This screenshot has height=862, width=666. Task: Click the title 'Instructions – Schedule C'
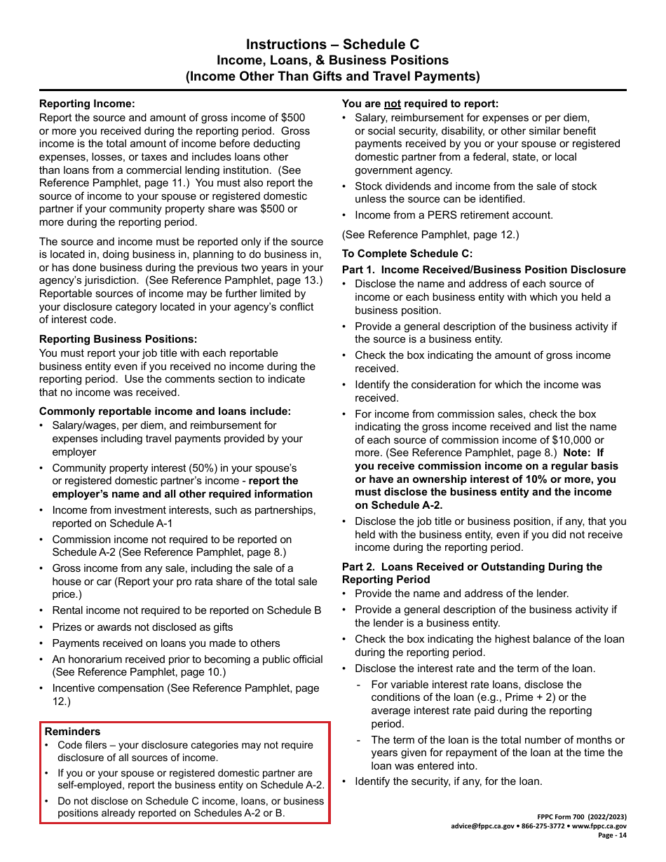[x=332, y=44]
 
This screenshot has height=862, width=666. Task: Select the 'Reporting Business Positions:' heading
[x=118, y=340]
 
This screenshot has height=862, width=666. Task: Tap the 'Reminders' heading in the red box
[x=72, y=732]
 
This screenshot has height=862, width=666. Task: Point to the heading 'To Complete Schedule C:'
[x=407, y=254]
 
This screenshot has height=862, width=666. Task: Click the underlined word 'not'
[x=393, y=104]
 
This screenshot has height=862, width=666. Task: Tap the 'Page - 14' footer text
[x=612, y=835]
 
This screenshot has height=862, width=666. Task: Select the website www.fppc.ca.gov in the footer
[x=599, y=826]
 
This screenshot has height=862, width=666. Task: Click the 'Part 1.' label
[x=358, y=271]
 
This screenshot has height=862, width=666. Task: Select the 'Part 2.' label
[x=358, y=567]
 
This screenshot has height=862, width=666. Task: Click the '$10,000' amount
[x=573, y=440]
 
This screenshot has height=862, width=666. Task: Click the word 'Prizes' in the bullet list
[x=68, y=627]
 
